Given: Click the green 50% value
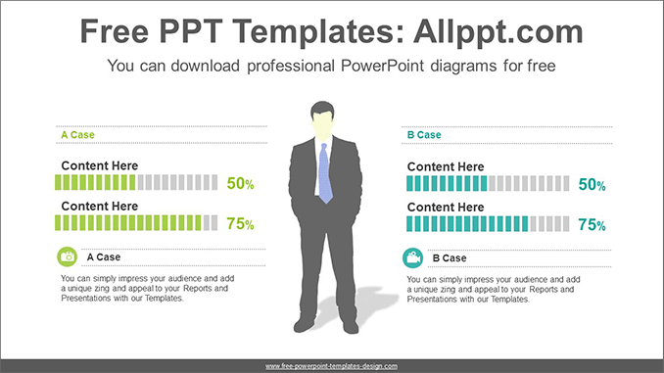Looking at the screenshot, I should (x=240, y=183).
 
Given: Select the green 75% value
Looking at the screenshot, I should (x=240, y=224).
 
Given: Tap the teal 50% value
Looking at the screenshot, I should (x=592, y=184).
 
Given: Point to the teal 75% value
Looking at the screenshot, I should (x=592, y=225).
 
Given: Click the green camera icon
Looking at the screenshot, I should (x=68, y=256).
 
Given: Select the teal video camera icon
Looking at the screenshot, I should (x=413, y=258).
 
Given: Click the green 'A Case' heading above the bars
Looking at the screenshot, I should (x=77, y=135).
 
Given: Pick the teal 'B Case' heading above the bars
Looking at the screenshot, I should (x=423, y=135).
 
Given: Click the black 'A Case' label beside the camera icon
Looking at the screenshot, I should (x=104, y=257).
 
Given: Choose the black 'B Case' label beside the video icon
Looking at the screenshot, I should (x=449, y=258).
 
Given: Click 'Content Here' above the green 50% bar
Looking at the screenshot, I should (x=100, y=165).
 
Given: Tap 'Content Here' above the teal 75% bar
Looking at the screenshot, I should (x=446, y=208).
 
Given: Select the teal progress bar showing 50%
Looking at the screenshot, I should (x=487, y=183).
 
